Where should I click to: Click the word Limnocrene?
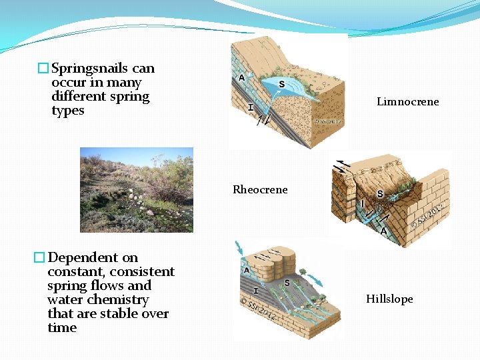click(x=407, y=102)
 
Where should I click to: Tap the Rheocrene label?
click(x=260, y=190)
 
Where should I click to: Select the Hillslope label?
click(x=389, y=299)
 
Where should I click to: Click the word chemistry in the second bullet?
click(x=117, y=300)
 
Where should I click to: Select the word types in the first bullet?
click(x=67, y=111)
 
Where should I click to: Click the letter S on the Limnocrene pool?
click(x=281, y=84)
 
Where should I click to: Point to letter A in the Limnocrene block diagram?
click(x=241, y=78)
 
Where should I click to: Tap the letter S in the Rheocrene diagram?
click(x=379, y=195)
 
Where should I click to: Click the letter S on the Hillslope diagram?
click(x=287, y=283)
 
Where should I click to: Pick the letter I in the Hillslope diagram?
click(x=256, y=291)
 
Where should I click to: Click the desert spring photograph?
click(x=136, y=190)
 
